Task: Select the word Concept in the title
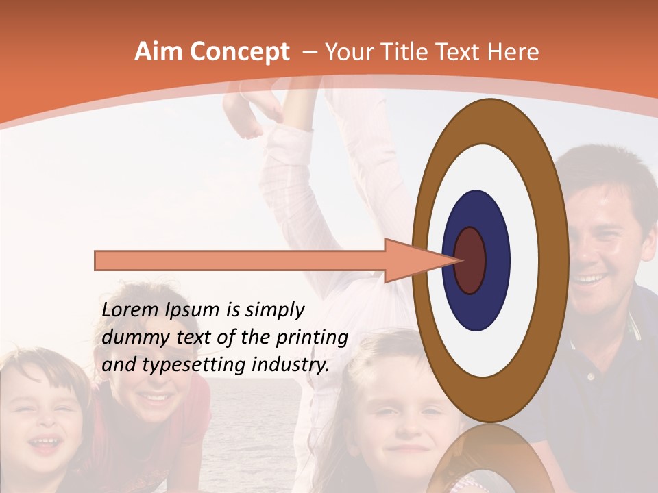coord(239,52)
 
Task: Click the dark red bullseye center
coord(470,260)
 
